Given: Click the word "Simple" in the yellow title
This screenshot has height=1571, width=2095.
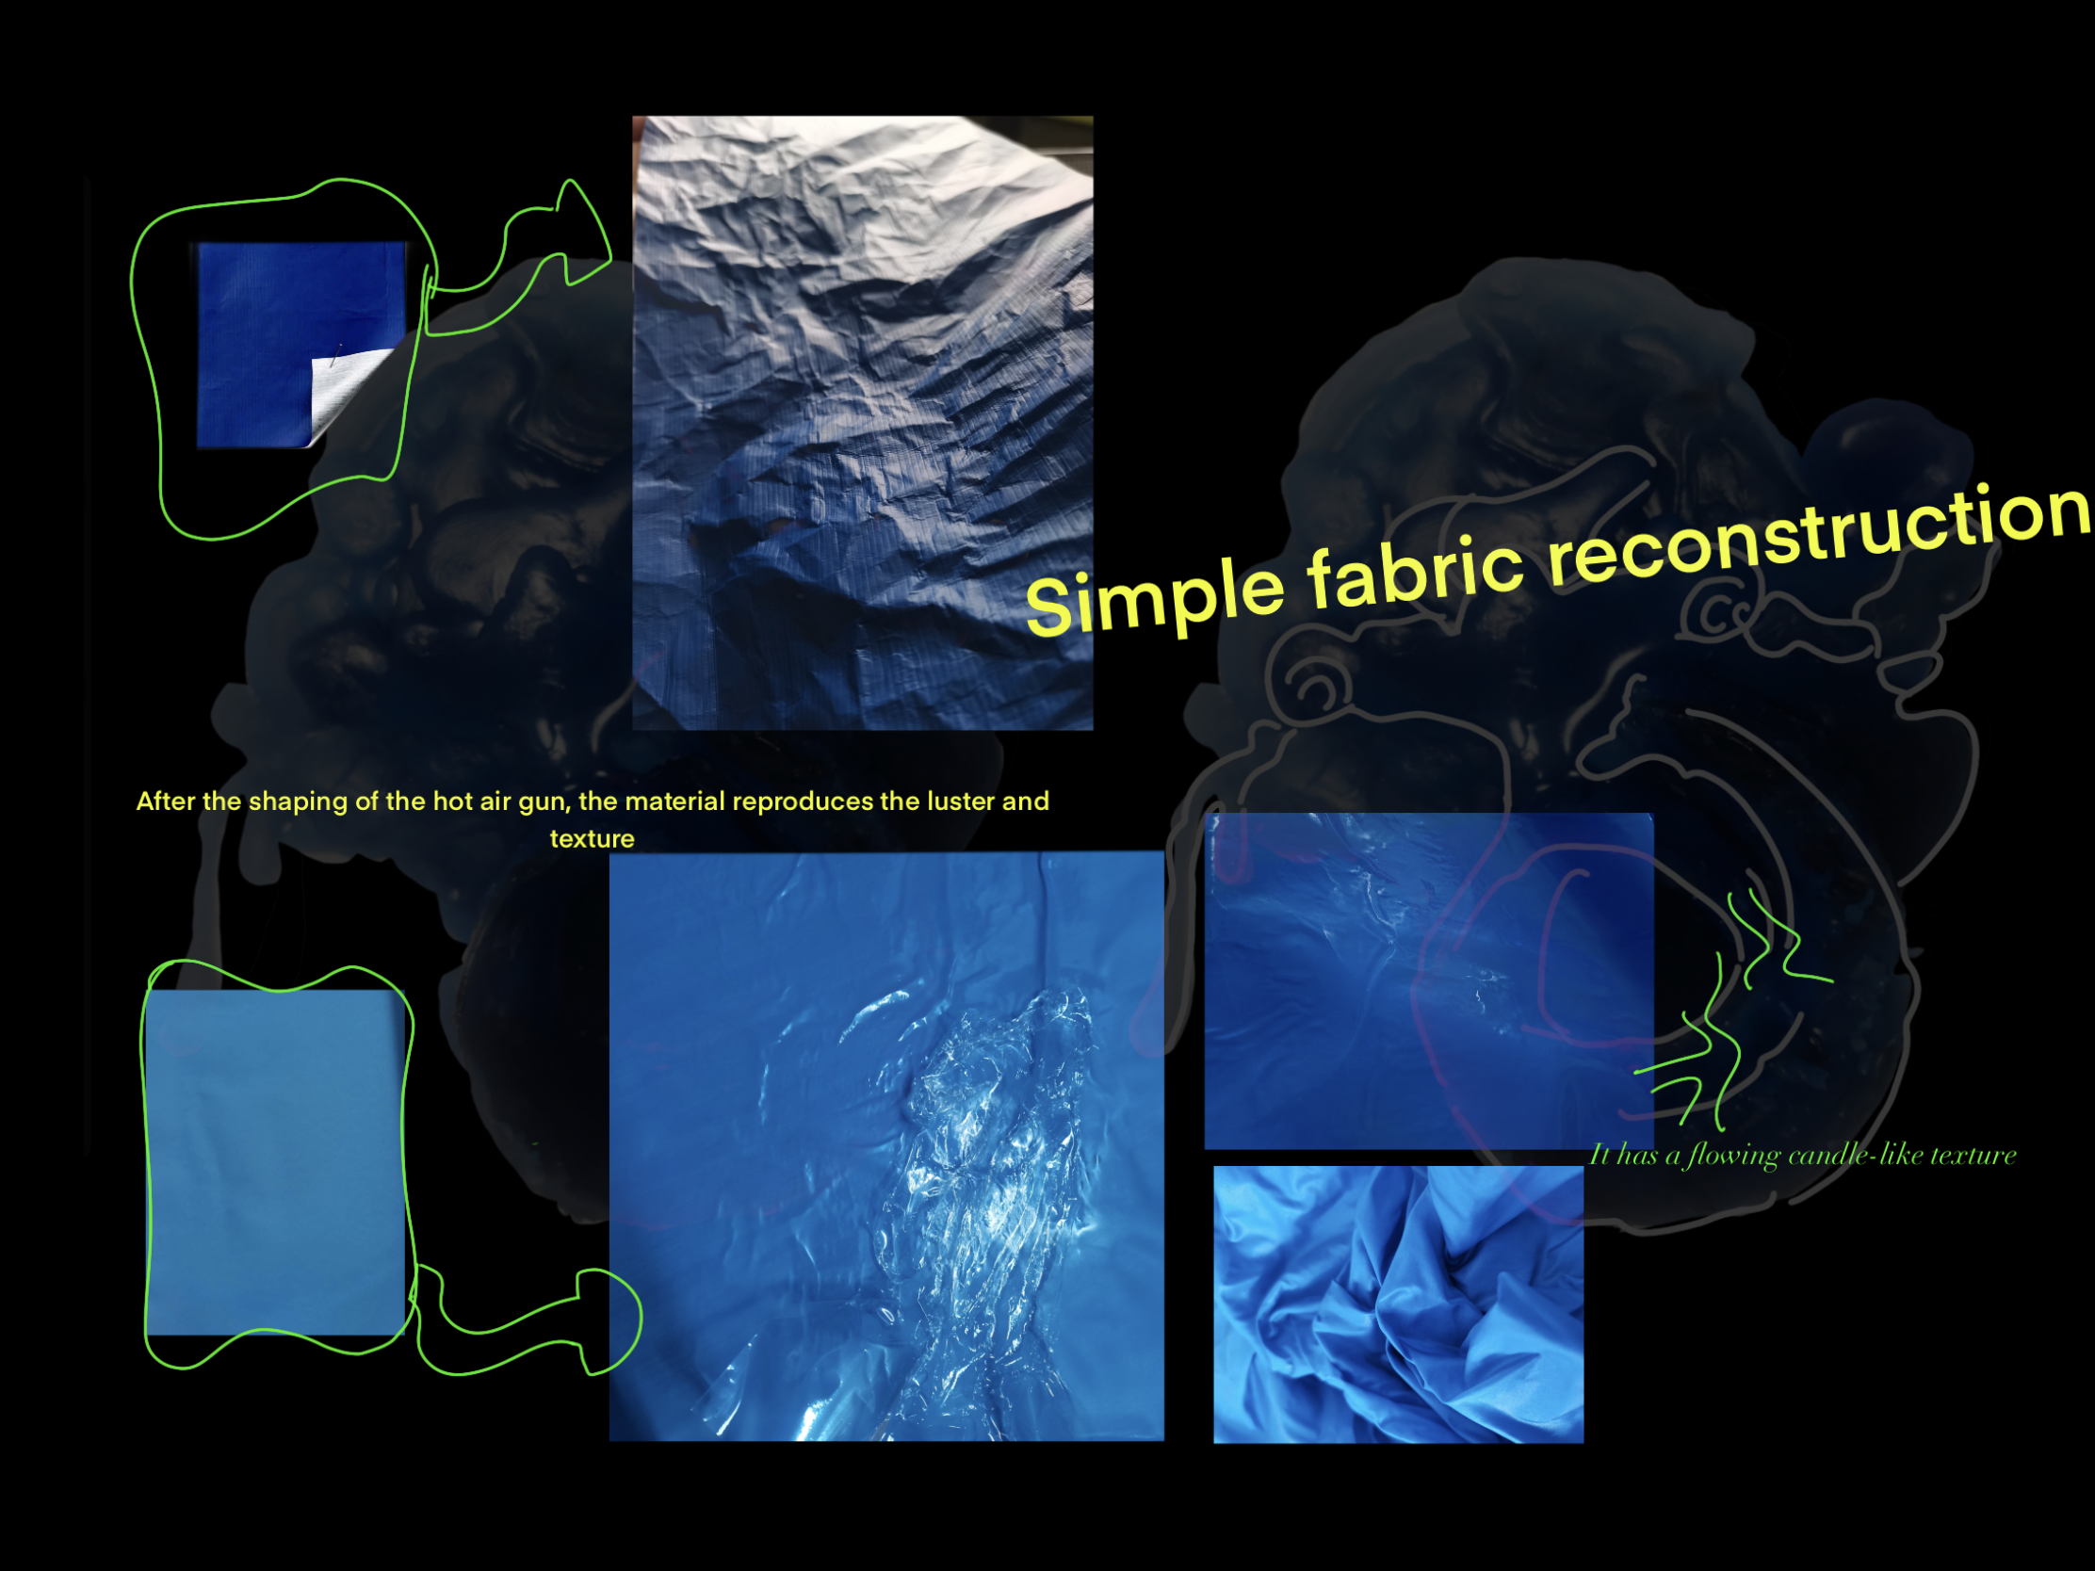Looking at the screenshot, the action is [1156, 591].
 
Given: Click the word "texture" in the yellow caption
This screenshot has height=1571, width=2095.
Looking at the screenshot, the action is [592, 839].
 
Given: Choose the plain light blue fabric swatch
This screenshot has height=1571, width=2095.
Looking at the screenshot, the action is [276, 1162].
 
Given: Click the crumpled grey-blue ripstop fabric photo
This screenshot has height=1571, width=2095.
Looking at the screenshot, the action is [863, 422].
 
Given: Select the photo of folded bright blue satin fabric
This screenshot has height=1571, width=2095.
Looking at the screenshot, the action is [1398, 1304].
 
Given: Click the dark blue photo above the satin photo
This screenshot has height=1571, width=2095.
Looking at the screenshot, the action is [1428, 980].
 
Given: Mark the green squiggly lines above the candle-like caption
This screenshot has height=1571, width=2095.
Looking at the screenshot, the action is [1733, 1009].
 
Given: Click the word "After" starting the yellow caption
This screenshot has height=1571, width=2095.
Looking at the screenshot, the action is [166, 802].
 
